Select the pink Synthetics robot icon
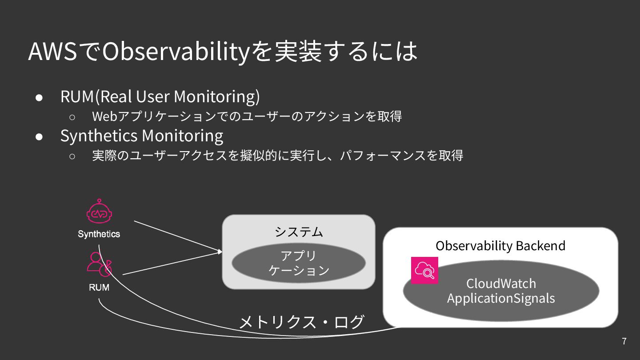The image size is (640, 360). (x=99, y=212)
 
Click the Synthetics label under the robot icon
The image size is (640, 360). (x=99, y=234)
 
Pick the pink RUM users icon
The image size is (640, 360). (x=99, y=264)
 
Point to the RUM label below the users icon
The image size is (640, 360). (x=99, y=288)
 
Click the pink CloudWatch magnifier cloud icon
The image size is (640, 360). (x=424, y=270)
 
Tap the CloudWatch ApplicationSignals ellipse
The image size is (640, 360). (x=501, y=291)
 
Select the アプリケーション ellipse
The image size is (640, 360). (x=299, y=263)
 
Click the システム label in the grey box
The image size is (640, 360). (x=299, y=232)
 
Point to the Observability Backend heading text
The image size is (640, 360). (x=500, y=246)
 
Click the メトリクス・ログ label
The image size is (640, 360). (x=302, y=322)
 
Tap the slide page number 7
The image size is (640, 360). (x=624, y=341)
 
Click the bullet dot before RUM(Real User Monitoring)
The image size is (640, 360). (x=39, y=97)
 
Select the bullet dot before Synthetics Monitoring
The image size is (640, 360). (x=39, y=136)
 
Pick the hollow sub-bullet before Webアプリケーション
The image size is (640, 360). (x=72, y=117)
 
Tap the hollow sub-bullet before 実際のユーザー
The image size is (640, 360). (x=72, y=156)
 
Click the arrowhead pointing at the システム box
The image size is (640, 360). (x=220, y=252)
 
